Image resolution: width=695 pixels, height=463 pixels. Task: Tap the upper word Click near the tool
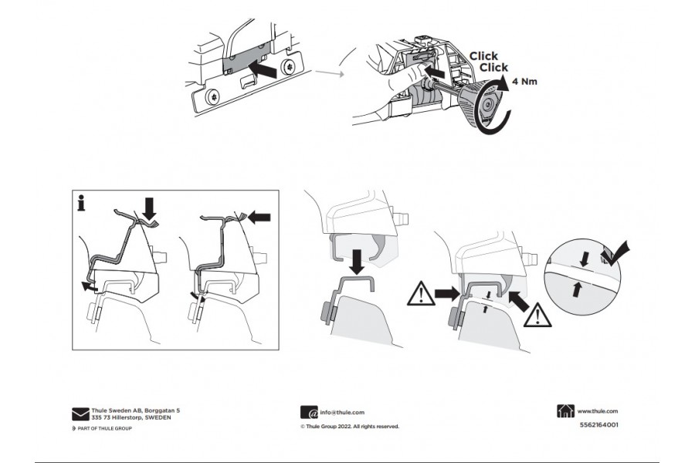click(x=483, y=56)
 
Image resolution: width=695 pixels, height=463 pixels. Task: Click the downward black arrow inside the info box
click(x=150, y=206)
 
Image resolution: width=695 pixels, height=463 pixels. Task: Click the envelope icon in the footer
click(x=80, y=414)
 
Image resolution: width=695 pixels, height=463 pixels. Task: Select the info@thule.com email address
click(x=342, y=413)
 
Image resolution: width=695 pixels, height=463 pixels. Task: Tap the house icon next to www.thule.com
click(x=565, y=412)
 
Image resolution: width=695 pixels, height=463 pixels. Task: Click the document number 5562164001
click(x=598, y=424)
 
